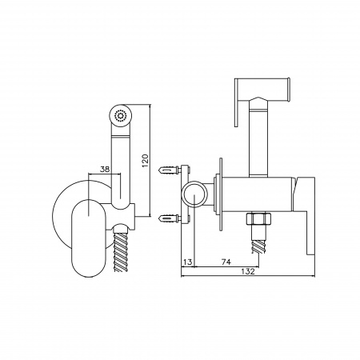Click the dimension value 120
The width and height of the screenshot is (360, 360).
(145, 161)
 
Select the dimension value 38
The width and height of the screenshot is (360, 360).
(105, 169)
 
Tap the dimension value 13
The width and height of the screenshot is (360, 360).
(188, 262)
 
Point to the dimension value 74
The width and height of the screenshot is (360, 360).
(226, 262)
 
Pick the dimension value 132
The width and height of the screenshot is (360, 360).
(248, 271)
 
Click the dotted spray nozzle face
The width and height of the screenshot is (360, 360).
(120, 116)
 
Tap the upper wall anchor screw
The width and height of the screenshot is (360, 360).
(170, 170)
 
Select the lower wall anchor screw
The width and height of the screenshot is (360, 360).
(170, 219)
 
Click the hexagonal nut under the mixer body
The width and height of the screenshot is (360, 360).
(258, 218)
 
